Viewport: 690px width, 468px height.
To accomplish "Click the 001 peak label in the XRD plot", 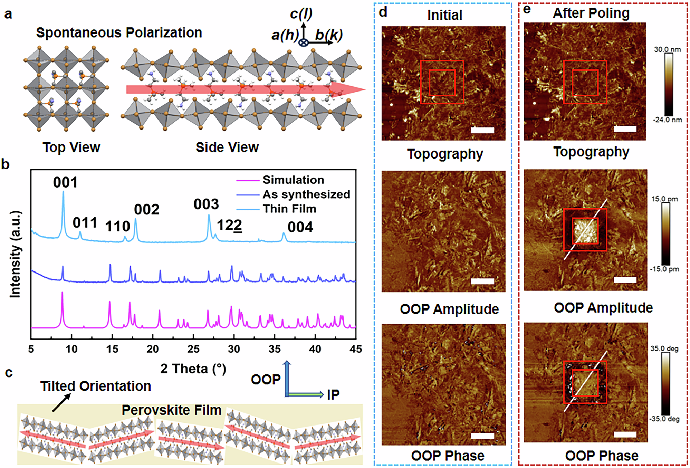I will [65, 182].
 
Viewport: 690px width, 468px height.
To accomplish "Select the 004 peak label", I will [300, 227].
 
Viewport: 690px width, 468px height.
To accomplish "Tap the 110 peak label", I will [117, 227].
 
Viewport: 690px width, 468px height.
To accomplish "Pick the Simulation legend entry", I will [293, 180].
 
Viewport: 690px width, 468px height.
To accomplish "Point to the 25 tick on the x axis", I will [193, 349].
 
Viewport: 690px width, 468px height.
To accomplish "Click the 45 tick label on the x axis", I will [355, 349].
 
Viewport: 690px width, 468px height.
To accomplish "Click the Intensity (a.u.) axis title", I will [15, 254].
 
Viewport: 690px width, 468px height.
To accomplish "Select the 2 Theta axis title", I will [193, 369].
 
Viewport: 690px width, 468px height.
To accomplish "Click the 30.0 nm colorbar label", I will [667, 49].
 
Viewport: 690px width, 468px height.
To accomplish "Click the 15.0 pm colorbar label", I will [664, 199].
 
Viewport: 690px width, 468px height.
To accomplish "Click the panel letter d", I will [383, 12].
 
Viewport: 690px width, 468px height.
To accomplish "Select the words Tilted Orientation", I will [96, 386].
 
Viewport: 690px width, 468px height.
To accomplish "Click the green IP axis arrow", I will [306, 394].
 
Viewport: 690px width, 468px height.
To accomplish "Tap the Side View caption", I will [227, 147].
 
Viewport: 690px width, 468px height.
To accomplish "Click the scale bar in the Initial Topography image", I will [482, 130].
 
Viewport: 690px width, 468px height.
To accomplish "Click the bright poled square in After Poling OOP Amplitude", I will [585, 230].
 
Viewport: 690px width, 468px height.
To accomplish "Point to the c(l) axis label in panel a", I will [301, 14].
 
